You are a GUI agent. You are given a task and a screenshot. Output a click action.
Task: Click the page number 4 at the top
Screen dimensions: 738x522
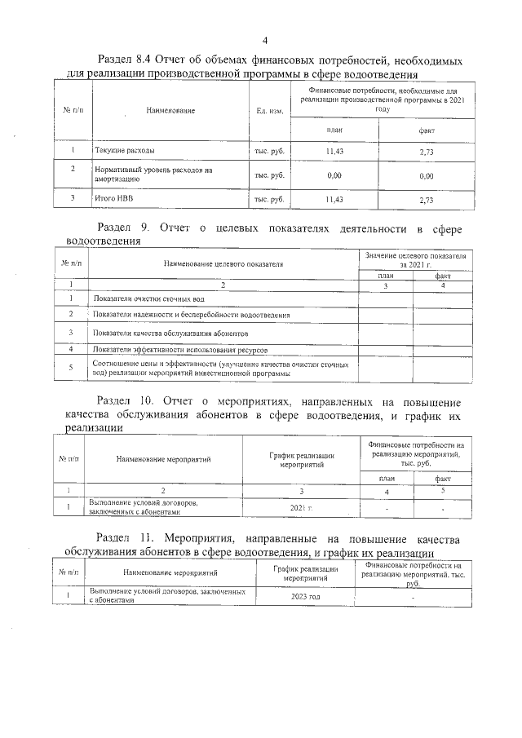pyautogui.click(x=266, y=41)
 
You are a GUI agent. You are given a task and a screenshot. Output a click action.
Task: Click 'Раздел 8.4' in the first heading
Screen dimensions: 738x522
pyautogui.click(x=125, y=60)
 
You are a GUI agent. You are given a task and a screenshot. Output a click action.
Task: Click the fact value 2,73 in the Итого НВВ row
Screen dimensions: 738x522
pyautogui.click(x=426, y=199)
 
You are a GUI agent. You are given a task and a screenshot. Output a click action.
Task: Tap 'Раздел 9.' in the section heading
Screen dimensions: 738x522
pyautogui.click(x=122, y=228)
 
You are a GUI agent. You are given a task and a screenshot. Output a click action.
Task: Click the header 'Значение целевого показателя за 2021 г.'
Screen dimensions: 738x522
pyautogui.click(x=414, y=260)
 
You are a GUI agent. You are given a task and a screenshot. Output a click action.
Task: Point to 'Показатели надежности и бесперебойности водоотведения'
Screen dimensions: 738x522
pyautogui.click(x=191, y=314)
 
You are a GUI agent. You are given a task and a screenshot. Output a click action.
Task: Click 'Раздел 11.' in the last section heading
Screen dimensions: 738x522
pyautogui.click(x=125, y=539)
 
